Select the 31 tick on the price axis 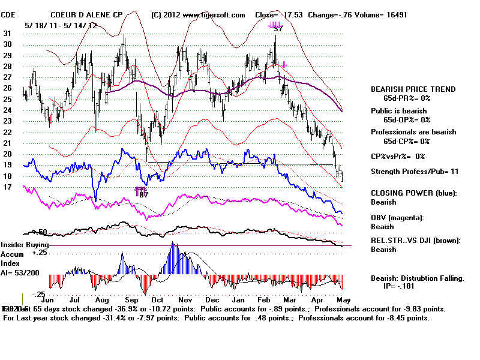coord(7,34)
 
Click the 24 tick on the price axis coord(7,110)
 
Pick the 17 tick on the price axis coord(7,187)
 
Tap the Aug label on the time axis coord(103,298)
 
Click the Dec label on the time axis coord(212,298)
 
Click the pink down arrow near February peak coord(284,64)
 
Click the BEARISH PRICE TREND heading coord(413,89)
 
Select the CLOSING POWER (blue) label coord(413,193)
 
